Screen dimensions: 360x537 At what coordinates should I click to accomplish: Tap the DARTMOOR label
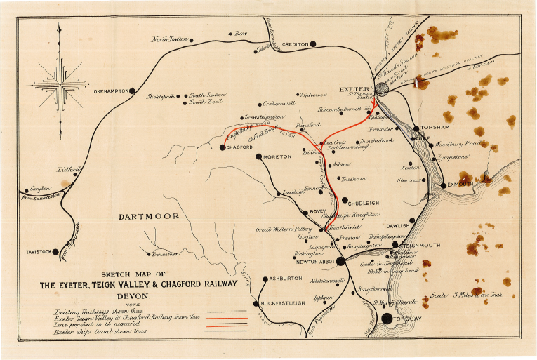click(148, 216)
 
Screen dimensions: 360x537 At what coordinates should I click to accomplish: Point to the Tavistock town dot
click(56, 251)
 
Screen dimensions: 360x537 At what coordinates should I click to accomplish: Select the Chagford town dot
click(223, 147)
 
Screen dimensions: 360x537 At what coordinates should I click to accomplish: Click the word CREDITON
click(294, 44)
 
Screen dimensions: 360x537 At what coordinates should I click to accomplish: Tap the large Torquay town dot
click(386, 318)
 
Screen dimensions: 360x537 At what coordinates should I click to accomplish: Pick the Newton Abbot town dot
click(340, 261)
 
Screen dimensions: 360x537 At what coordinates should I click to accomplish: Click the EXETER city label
click(354, 90)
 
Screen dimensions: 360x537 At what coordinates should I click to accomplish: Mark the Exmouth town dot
click(442, 185)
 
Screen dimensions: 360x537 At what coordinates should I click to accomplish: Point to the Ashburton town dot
click(264, 279)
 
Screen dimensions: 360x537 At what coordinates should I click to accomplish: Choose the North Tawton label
click(170, 39)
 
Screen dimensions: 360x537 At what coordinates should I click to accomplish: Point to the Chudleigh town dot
click(344, 200)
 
